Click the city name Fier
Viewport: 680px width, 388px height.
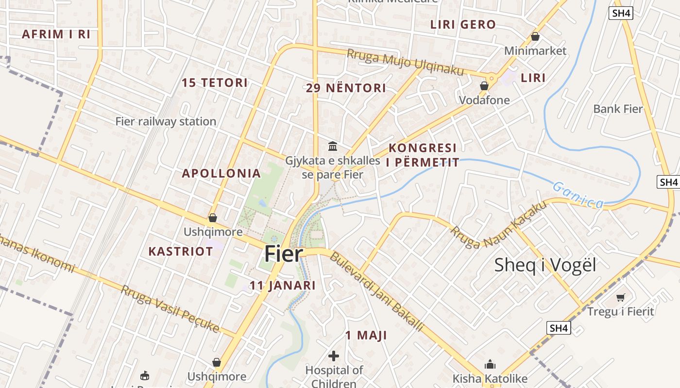tap(284, 254)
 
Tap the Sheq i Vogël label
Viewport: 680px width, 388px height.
tap(545, 265)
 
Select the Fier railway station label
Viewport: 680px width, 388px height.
tap(166, 121)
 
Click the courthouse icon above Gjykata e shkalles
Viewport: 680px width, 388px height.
tap(333, 145)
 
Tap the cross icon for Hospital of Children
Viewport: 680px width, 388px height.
tap(334, 356)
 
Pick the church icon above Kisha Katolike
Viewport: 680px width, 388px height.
tap(490, 364)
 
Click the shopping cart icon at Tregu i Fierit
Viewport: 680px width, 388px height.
tap(620, 297)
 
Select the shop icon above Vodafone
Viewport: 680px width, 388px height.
tap(484, 86)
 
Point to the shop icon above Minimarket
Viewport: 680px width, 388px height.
tap(535, 36)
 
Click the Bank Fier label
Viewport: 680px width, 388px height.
tap(618, 109)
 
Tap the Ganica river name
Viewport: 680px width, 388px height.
tap(578, 195)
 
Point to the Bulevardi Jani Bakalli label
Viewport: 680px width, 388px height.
tap(376, 291)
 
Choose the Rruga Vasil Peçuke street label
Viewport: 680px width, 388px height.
tap(170, 309)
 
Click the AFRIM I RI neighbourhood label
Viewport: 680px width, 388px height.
tap(56, 34)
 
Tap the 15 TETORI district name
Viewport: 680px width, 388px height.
tap(215, 82)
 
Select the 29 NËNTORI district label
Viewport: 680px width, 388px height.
tap(346, 88)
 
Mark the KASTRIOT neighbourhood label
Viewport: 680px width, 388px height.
tap(181, 251)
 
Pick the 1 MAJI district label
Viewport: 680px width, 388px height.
tap(366, 335)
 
